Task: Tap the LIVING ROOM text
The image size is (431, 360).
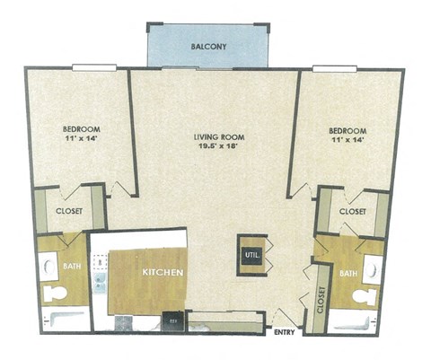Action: [219, 137]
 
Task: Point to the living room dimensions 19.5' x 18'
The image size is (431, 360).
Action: [220, 149]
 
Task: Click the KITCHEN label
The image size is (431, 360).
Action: [163, 272]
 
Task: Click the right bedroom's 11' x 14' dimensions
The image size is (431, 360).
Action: [348, 139]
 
